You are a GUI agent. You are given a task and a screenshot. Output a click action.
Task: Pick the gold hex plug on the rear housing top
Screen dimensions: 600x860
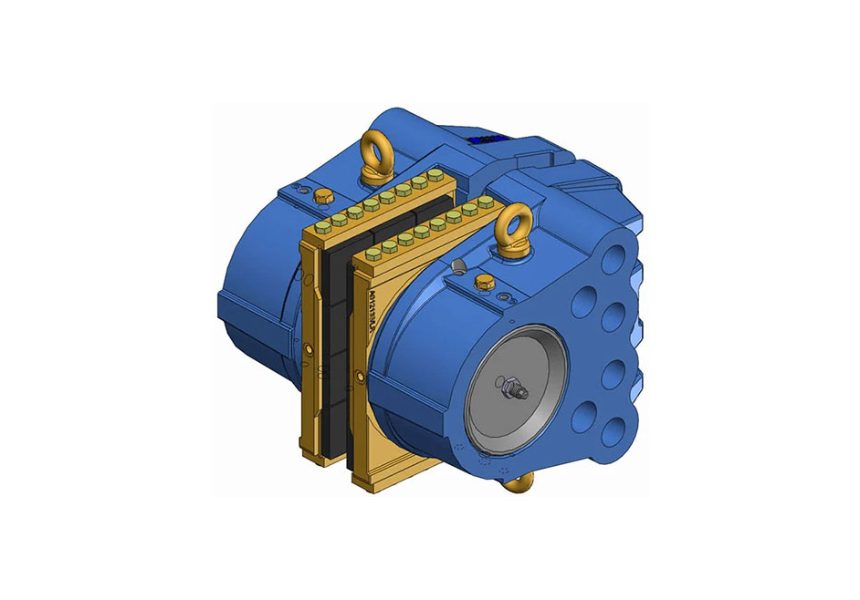point(320,195)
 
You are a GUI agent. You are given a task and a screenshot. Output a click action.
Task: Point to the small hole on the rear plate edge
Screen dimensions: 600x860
point(310,349)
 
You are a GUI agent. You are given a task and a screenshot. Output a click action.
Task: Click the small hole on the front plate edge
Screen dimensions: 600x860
point(360,377)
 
